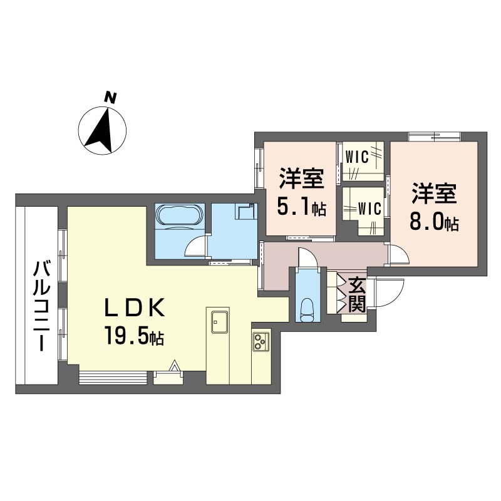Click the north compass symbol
[102, 130]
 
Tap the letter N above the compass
[110, 97]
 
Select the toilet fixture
[307, 309]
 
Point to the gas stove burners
[261, 342]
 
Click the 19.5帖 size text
[134, 338]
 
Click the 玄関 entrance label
[357, 295]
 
